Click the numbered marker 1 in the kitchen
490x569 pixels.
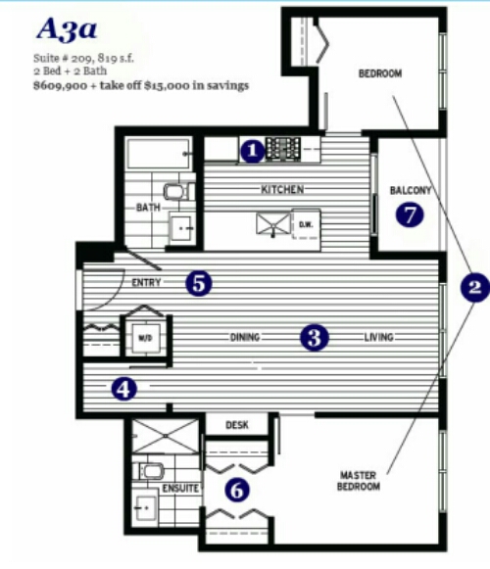click(x=253, y=151)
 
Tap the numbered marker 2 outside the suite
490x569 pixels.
click(x=474, y=287)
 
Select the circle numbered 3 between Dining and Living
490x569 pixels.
click(x=315, y=338)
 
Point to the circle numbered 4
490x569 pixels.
click(x=124, y=390)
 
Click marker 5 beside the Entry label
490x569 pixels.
click(x=198, y=283)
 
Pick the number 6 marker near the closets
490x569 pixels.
click(x=237, y=490)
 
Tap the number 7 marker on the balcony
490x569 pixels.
click(x=410, y=214)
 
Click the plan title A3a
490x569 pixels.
click(x=67, y=29)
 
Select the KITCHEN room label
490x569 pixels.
click(x=282, y=189)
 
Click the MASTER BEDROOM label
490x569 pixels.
click(x=359, y=481)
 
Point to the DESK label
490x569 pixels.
click(x=237, y=425)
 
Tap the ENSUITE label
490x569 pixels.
click(x=180, y=488)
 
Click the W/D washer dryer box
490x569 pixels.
click(x=145, y=338)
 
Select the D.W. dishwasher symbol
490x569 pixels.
click(x=306, y=224)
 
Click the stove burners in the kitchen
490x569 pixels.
click(x=283, y=149)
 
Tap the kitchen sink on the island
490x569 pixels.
click(x=273, y=224)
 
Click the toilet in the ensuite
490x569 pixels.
click(x=149, y=471)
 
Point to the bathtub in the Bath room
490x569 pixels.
click(x=159, y=153)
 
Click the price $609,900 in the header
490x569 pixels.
click(x=61, y=85)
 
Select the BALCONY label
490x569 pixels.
click(x=410, y=190)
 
